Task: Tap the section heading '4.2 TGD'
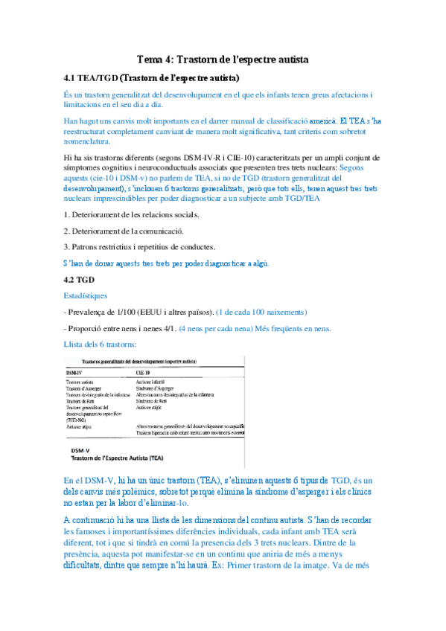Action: point(80,280)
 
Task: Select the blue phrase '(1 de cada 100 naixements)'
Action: point(258,312)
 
